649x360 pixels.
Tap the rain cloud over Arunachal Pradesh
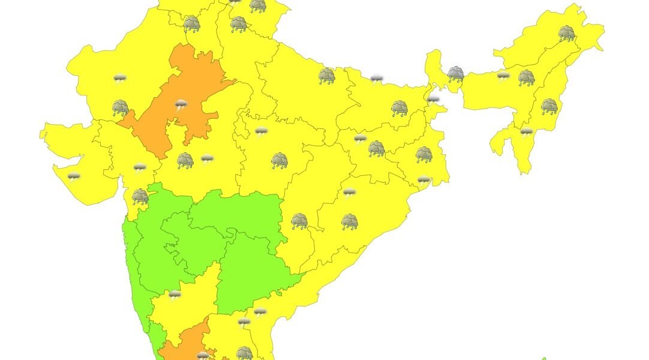point(566,32)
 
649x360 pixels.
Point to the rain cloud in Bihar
point(399,108)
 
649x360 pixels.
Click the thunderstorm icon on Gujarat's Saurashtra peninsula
point(74,176)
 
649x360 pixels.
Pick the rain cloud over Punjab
point(191,23)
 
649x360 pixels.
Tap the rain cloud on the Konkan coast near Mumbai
point(140,196)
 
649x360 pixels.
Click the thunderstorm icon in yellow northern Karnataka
point(175,295)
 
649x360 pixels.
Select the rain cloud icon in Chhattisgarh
point(299,221)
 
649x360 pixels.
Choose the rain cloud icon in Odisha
point(350,222)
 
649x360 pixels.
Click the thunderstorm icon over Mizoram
point(526,131)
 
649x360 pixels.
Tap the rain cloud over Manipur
point(549,107)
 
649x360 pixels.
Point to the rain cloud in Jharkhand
point(376,148)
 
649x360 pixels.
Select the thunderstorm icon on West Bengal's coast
point(424,179)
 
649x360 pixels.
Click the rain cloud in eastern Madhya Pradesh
point(279,160)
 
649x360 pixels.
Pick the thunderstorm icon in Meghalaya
point(503,75)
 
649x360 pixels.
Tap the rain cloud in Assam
point(526,77)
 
